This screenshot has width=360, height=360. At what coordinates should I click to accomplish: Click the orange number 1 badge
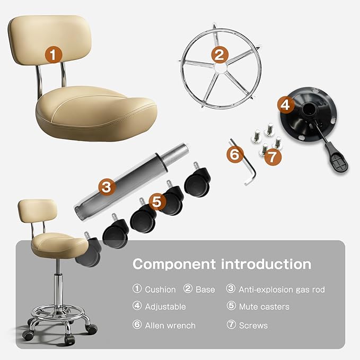pyautogui.click(x=53, y=55)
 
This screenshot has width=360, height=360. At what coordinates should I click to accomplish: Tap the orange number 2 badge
pyautogui.click(x=219, y=55)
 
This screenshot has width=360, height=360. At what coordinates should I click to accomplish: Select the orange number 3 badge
pyautogui.click(x=107, y=187)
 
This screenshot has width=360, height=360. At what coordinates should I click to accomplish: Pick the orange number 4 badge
pyautogui.click(x=286, y=105)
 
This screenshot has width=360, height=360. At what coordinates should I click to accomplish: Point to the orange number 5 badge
pyautogui.click(x=157, y=201)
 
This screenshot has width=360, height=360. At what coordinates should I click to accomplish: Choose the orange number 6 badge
pyautogui.click(x=235, y=154)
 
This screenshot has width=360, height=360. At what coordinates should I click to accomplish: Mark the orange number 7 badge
pyautogui.click(x=273, y=157)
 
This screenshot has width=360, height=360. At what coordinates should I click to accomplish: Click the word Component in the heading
pyautogui.click(x=174, y=265)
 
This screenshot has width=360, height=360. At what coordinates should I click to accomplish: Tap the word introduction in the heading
pyautogui.click(x=266, y=264)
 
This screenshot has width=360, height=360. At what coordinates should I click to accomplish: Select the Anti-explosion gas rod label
pyautogui.click(x=282, y=289)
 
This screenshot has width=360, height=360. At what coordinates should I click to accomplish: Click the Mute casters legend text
pyautogui.click(x=264, y=306)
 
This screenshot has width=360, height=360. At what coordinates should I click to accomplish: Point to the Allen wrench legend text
pyautogui.click(x=170, y=326)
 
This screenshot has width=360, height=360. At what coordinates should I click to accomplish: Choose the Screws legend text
pyautogui.click(x=253, y=326)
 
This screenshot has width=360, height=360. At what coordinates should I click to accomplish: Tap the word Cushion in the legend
pyautogui.click(x=160, y=289)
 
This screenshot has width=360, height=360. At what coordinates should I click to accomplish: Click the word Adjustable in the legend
pyautogui.click(x=165, y=307)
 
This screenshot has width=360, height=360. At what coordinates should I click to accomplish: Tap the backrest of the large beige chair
pyautogui.click(x=50, y=39)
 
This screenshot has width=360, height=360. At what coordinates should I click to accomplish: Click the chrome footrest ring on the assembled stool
pyautogui.click(x=58, y=313)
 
